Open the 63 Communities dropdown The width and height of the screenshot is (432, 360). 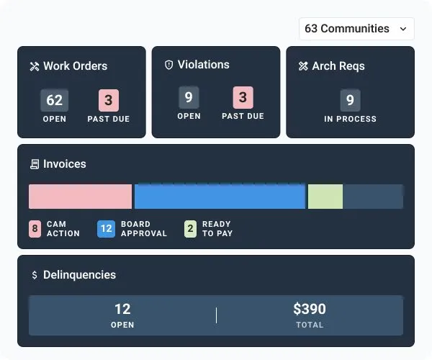point(356,29)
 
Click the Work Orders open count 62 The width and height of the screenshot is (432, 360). point(54,100)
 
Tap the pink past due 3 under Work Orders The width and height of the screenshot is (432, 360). point(109,100)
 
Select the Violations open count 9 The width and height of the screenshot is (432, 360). point(189,97)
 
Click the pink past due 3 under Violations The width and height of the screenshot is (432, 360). point(243,97)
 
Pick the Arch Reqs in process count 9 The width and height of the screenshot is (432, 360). point(350,100)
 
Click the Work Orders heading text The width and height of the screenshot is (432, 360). point(75,66)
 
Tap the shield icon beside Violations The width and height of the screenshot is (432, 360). point(169,65)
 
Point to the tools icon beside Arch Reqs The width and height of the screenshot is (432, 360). point(303,66)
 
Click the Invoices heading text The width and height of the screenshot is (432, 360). point(64,164)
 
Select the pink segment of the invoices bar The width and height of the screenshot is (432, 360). point(80,197)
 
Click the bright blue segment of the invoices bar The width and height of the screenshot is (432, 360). point(220,197)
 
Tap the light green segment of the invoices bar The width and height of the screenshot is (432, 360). point(325,197)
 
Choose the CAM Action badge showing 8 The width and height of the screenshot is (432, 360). point(35,229)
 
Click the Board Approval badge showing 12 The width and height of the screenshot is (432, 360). point(106,229)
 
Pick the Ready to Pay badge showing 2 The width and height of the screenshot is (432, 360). point(190,229)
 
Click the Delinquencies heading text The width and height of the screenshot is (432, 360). point(79,275)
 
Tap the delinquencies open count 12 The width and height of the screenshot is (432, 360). point(122,310)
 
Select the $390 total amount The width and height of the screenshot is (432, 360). point(310,310)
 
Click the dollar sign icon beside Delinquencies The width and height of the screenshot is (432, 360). point(35,275)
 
